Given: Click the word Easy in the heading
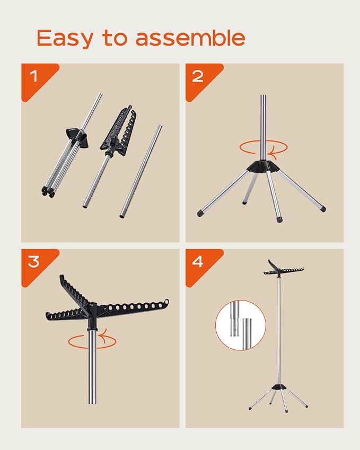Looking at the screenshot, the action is click(65, 38).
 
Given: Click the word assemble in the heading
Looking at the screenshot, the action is click(190, 38).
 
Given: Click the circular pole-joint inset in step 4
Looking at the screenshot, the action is click(241, 325).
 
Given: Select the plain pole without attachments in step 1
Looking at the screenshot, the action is click(141, 171).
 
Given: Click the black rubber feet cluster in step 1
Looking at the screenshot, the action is click(48, 191).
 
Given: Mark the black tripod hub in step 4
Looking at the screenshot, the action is click(278, 387).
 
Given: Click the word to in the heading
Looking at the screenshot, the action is click(115, 38).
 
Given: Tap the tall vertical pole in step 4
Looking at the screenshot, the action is click(279, 331).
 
